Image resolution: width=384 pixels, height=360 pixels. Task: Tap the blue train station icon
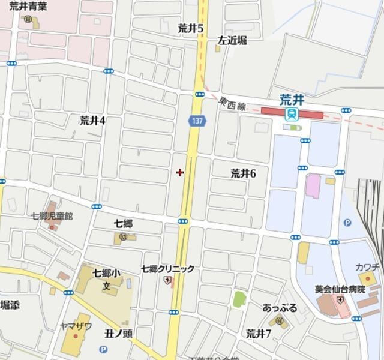point(292,113)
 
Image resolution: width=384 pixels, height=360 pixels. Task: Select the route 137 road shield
point(196,121)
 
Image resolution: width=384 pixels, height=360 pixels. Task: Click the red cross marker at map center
point(180,173)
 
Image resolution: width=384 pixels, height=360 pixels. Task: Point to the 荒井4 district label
point(92,120)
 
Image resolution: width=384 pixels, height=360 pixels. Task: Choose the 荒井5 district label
point(191,28)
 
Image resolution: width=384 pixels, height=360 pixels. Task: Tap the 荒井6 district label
point(243,173)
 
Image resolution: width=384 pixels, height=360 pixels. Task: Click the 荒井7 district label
point(259,333)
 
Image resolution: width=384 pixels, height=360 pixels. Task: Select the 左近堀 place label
point(232,41)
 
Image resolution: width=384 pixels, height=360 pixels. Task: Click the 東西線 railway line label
point(233,104)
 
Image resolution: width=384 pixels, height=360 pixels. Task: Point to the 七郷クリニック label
point(168,269)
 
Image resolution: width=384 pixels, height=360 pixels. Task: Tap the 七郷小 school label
point(106,273)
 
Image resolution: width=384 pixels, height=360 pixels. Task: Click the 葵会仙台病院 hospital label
point(340,288)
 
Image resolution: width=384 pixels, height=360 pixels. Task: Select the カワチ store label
point(367,266)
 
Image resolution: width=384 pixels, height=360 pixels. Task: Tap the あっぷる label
point(280,308)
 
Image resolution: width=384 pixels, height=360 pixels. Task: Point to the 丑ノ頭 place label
point(118,333)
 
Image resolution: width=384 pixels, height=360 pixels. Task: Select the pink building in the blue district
point(313,185)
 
